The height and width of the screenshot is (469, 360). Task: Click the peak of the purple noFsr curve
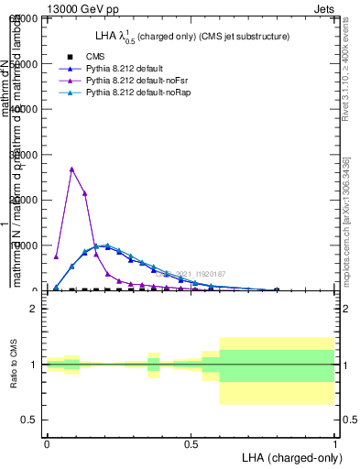coord(72,169)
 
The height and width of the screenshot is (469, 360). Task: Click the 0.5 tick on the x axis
coord(191,443)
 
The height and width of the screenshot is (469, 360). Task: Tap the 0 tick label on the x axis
coord(47,443)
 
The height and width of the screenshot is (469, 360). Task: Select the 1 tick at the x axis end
coord(334,443)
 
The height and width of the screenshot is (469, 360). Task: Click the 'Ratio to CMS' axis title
coord(14,365)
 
